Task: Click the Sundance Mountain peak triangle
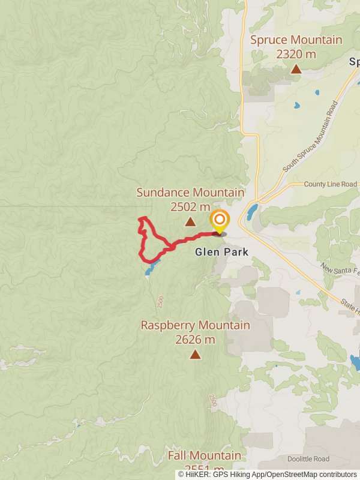(190, 222)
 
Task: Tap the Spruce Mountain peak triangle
(296, 69)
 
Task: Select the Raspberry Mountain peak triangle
(195, 354)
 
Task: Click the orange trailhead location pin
(220, 221)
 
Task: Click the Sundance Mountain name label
(190, 193)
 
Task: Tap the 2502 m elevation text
(190, 207)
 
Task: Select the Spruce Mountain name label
(296, 40)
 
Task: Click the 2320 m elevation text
(296, 54)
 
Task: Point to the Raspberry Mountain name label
(195, 325)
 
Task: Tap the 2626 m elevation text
(195, 340)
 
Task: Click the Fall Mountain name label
(204, 455)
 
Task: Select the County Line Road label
(330, 184)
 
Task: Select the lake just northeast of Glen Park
(251, 212)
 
